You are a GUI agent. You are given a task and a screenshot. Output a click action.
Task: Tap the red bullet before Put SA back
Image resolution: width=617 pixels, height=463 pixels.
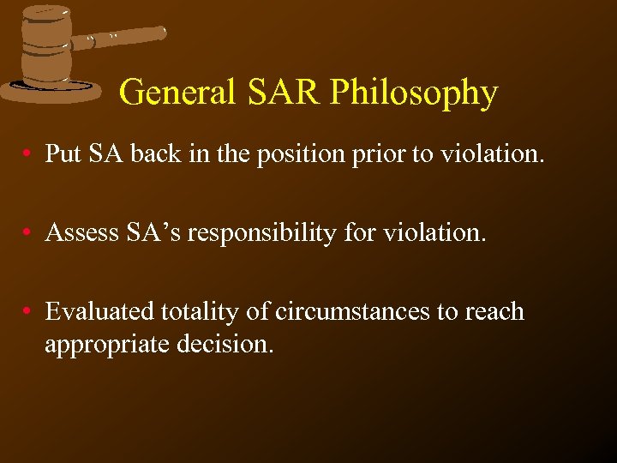pos(29,154)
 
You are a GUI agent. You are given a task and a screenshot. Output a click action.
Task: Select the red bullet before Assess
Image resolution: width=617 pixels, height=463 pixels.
pos(29,233)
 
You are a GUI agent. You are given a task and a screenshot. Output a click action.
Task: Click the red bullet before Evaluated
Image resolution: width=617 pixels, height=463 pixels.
pos(29,312)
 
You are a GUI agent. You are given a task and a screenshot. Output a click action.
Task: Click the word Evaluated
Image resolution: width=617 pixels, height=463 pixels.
pos(99,311)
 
